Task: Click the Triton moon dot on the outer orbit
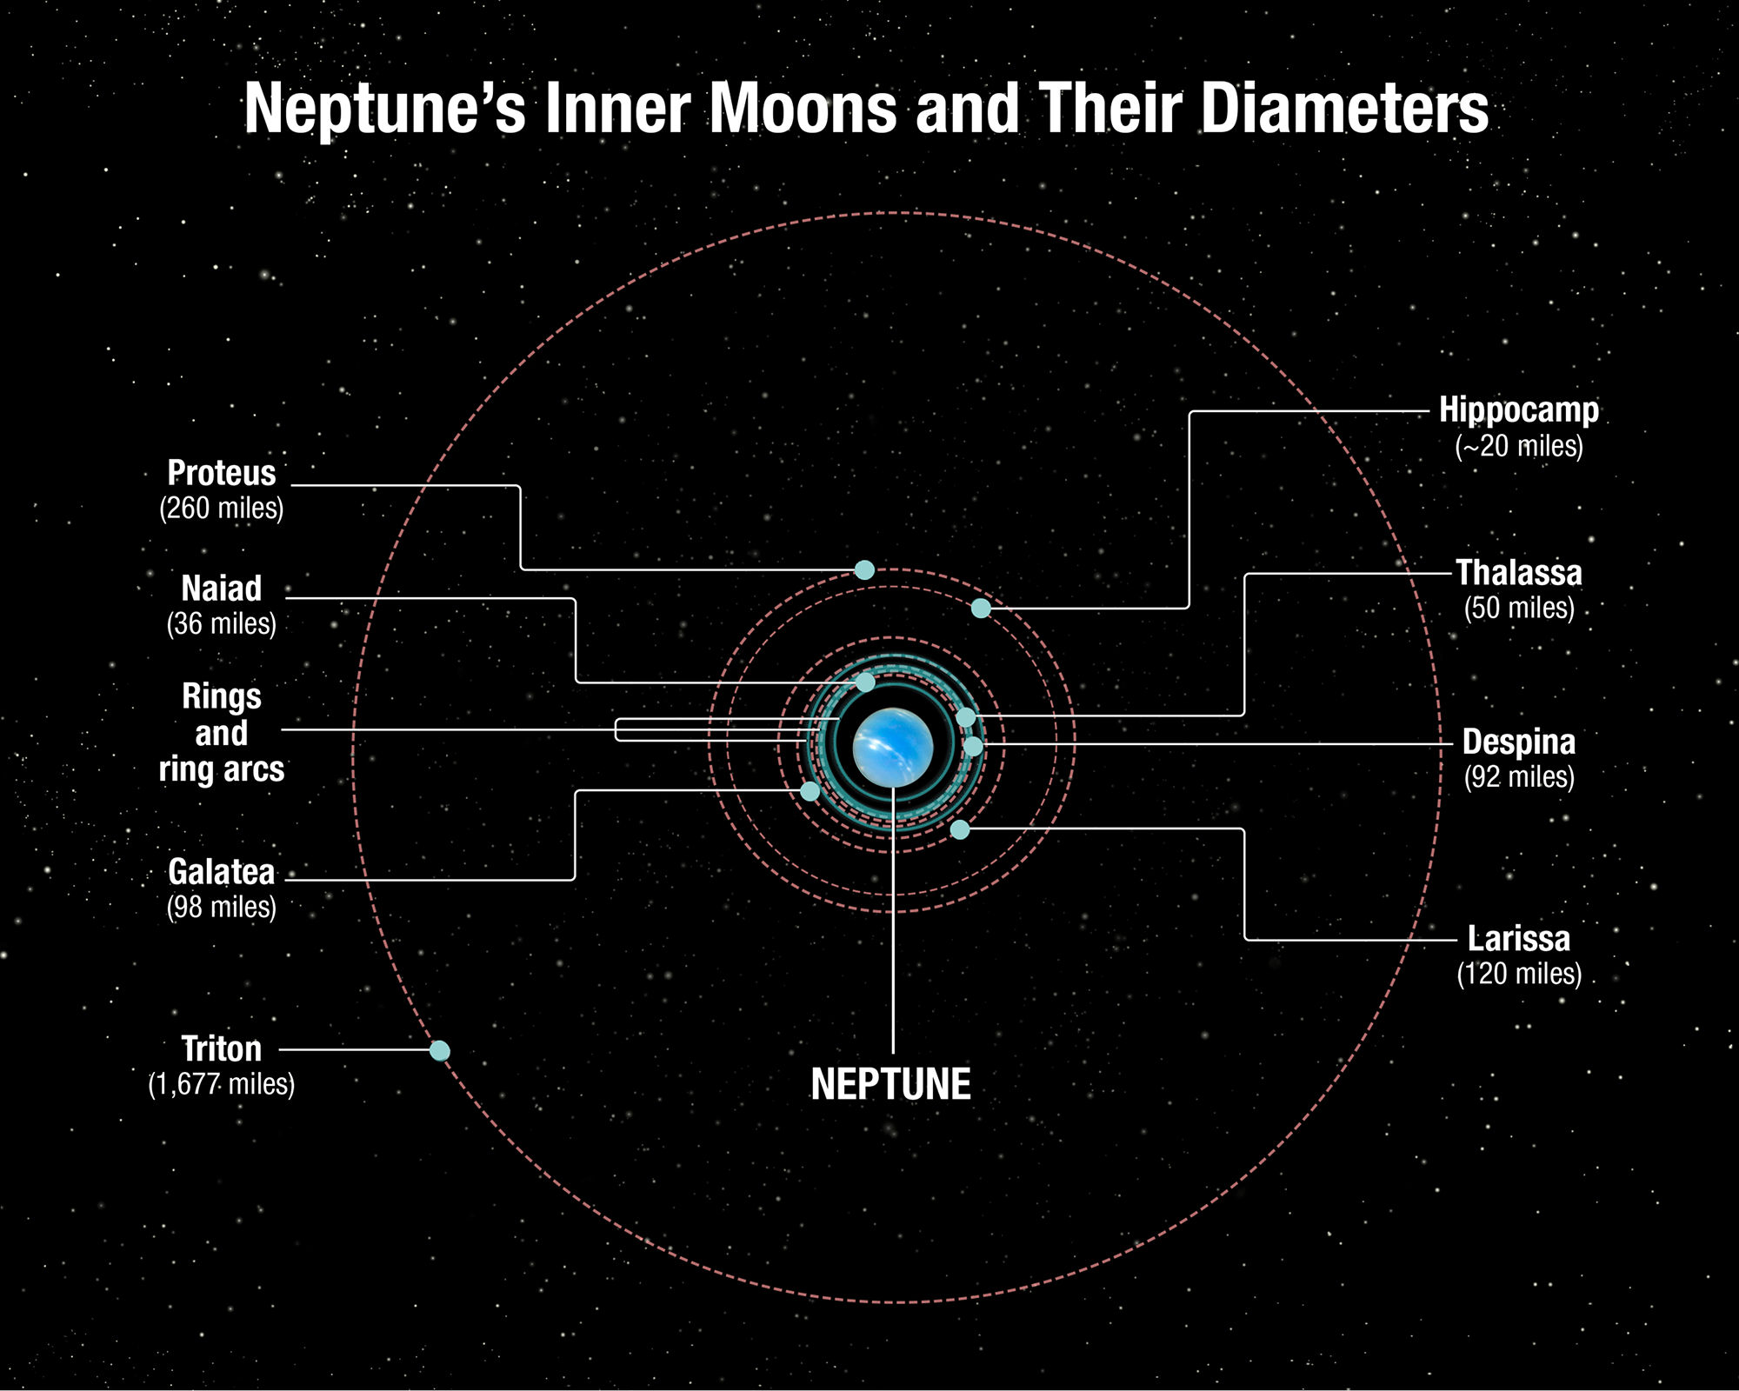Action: (440, 1051)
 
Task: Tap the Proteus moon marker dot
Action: (864, 570)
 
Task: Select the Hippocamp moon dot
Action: (981, 609)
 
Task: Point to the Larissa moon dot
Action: (960, 829)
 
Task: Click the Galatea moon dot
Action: (810, 791)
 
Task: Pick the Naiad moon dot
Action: (865, 682)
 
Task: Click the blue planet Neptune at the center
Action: (893, 748)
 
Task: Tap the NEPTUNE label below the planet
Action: (891, 1084)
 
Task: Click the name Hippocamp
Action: (1519, 410)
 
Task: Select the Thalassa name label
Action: (1519, 573)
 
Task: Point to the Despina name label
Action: (1519, 742)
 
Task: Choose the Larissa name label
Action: (1519, 939)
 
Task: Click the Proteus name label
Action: (222, 473)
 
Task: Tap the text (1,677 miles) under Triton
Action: (222, 1084)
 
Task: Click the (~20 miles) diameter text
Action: (1519, 446)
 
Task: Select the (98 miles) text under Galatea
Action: (222, 907)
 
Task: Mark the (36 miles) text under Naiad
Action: (222, 623)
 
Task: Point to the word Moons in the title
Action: (803, 108)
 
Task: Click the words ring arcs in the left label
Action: (222, 769)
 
